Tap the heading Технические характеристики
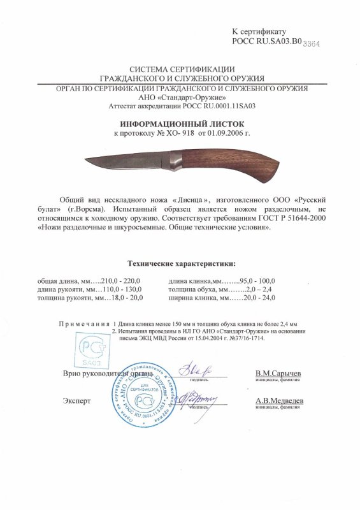coord(181,263)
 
